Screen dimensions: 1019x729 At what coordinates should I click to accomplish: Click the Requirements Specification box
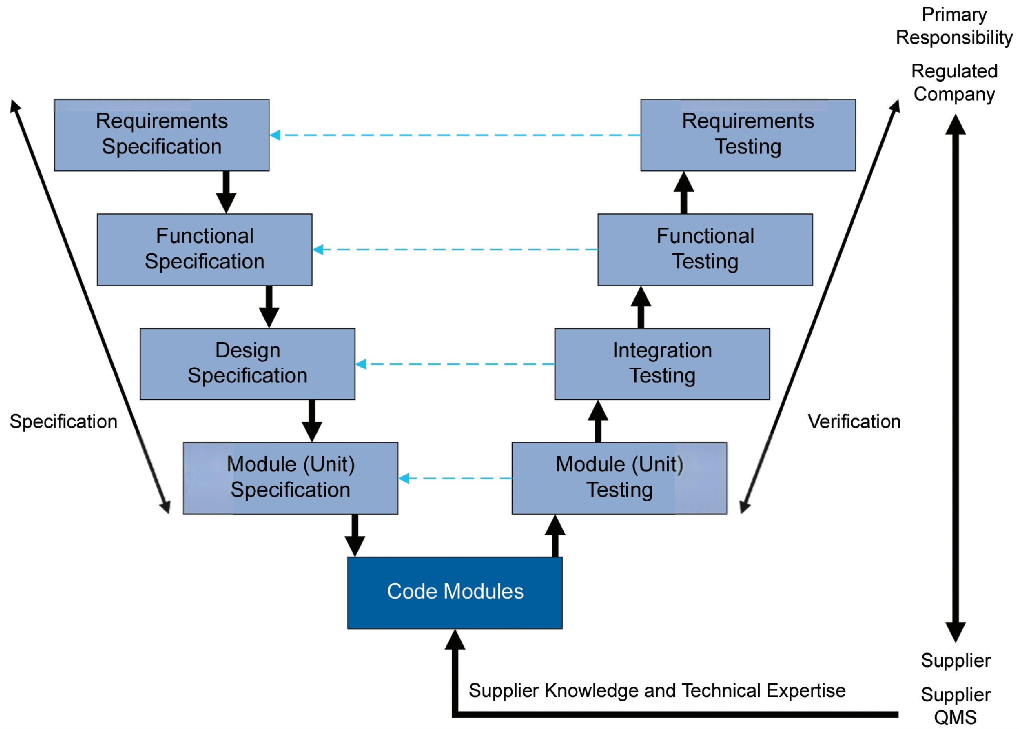(161, 135)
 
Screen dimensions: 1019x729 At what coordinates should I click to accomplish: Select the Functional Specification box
(205, 249)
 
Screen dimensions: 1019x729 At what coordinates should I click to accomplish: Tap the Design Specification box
(247, 364)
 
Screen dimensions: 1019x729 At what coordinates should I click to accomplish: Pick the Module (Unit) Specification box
(290, 478)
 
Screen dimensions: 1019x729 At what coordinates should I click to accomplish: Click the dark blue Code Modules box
(454, 593)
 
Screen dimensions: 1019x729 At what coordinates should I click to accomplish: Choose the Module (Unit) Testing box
(619, 478)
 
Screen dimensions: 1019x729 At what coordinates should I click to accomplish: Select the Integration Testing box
(662, 364)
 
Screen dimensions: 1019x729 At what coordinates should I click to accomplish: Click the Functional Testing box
(705, 249)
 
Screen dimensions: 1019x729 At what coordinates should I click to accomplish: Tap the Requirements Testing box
(748, 135)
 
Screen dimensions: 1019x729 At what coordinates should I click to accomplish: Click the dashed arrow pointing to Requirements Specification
(455, 135)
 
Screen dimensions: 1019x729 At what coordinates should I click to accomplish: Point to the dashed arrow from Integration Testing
(455, 364)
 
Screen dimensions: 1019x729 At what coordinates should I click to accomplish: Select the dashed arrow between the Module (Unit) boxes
(455, 478)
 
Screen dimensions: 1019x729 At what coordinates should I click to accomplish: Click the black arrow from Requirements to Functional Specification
(226, 192)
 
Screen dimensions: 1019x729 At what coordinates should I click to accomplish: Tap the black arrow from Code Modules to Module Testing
(555, 536)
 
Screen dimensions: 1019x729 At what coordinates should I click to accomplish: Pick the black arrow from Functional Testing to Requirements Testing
(683, 192)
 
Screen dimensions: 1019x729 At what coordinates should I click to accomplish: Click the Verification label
(854, 422)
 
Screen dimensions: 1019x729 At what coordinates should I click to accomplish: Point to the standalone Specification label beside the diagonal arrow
(63, 422)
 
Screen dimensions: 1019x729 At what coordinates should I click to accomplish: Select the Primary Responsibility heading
(954, 26)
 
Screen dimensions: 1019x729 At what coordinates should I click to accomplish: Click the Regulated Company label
(954, 83)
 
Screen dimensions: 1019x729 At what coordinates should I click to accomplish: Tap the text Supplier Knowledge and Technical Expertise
(657, 690)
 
